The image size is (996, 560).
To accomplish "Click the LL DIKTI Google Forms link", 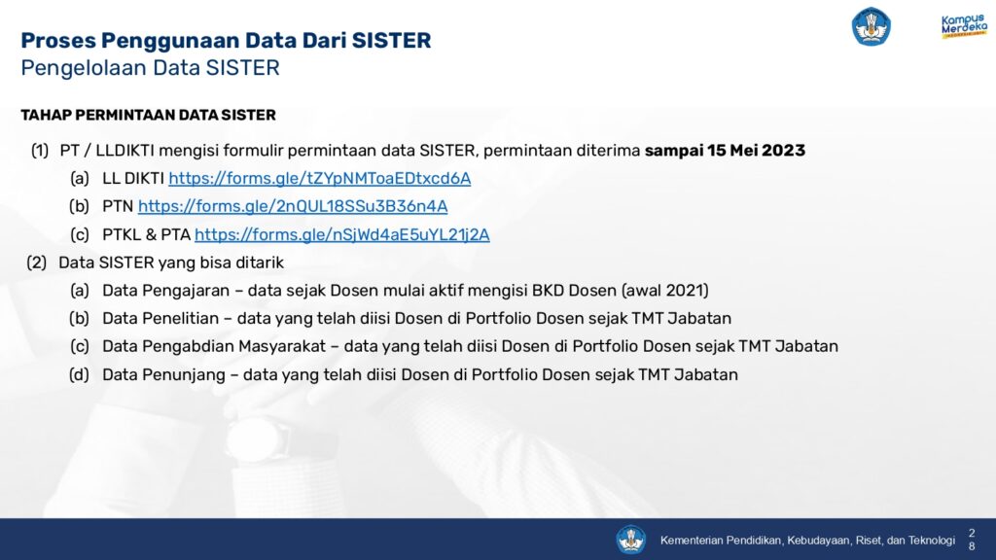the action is (x=319, y=179).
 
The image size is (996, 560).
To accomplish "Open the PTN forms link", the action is (x=293, y=206).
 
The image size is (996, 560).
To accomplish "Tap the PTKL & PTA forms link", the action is (x=341, y=235).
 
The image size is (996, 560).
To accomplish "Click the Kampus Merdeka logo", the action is (x=964, y=26).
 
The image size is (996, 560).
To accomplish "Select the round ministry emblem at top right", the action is (x=871, y=26).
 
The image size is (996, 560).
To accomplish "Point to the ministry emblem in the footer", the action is (x=630, y=540).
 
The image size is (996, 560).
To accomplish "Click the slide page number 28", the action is (x=972, y=540).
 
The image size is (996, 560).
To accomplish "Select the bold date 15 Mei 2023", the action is (x=756, y=151).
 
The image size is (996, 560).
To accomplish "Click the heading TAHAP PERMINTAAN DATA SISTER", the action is (x=148, y=115).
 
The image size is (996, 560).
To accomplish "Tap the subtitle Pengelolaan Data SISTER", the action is (x=150, y=68).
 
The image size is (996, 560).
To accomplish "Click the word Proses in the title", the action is (x=58, y=40).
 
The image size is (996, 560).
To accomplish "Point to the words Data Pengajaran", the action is (x=165, y=290).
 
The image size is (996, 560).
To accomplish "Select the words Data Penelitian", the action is (x=160, y=318).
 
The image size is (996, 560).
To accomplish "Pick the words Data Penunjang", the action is (x=163, y=374).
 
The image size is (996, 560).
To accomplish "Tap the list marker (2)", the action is (x=37, y=262).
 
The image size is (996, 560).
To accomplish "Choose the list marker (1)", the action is (x=40, y=151).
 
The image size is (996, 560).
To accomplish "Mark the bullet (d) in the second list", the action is (x=80, y=374).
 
